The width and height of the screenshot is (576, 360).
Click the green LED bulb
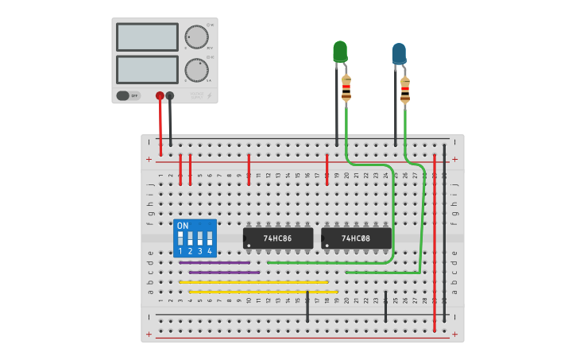340,51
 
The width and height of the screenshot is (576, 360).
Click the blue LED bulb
399,53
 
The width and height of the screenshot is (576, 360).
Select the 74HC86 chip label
277,238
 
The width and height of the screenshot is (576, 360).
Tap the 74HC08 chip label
356,238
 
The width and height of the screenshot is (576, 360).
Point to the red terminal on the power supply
160,95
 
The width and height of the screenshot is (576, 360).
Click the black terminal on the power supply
170,95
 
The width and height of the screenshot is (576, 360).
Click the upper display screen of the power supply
147,37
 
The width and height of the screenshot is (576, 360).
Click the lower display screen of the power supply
147,69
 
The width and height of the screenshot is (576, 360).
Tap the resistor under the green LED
346,87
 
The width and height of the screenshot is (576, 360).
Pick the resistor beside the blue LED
405,90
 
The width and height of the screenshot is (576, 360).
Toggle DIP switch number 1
180,238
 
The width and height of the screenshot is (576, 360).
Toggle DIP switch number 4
210,238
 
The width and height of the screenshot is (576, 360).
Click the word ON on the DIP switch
183,226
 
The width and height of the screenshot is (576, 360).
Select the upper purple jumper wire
215,262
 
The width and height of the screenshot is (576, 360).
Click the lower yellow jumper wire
262,292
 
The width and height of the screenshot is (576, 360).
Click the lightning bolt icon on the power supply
210,96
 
